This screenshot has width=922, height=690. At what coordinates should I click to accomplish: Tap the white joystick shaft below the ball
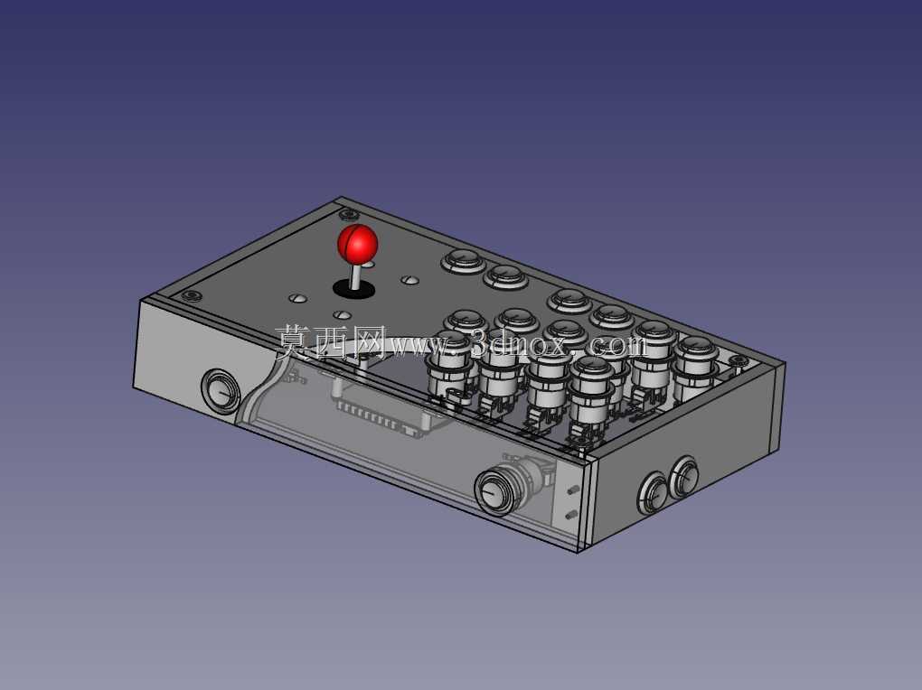[x=356, y=276]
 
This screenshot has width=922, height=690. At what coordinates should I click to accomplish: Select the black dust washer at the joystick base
[x=354, y=289]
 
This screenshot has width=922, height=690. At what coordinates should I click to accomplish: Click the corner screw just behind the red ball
[x=348, y=215]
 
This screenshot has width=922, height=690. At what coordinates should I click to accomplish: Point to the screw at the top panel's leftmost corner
[x=191, y=295]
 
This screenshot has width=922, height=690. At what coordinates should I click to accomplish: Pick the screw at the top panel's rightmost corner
[x=735, y=359]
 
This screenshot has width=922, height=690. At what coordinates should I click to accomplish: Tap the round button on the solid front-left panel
[x=221, y=391]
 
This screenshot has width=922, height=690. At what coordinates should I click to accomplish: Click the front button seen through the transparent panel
[x=495, y=492]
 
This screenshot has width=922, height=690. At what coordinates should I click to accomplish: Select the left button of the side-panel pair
[x=654, y=493]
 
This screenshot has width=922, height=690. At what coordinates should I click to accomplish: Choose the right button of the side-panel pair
[x=684, y=477]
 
